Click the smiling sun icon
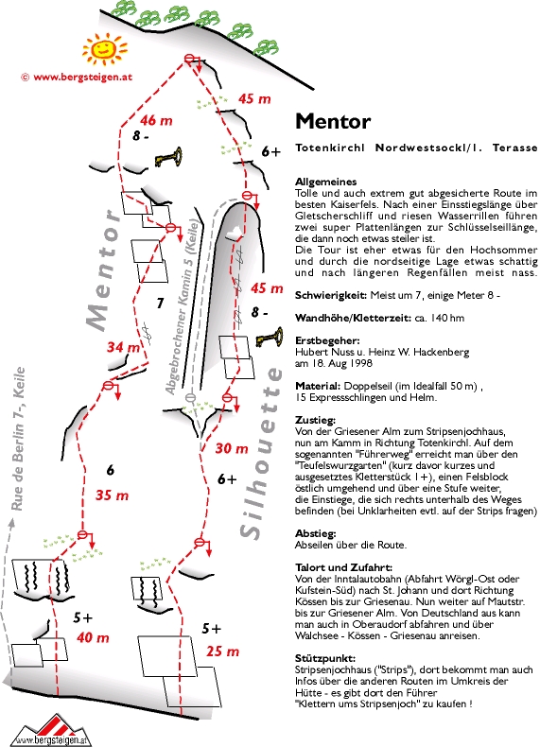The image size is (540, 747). [x=104, y=48]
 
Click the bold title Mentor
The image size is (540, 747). [x=333, y=121]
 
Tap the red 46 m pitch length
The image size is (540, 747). [x=156, y=120]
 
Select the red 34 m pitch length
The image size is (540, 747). [x=124, y=347]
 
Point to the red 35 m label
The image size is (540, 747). [x=112, y=495]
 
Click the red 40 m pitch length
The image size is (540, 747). [x=93, y=637]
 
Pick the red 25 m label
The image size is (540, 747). [x=222, y=651]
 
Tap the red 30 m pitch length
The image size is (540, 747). [x=232, y=448]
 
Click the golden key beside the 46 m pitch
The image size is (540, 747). [x=168, y=157]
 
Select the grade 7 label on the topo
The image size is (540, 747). [x=160, y=303]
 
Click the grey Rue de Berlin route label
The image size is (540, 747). [x=18, y=440]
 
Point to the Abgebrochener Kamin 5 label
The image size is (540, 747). [x=182, y=306]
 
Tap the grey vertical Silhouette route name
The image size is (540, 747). [x=258, y=453]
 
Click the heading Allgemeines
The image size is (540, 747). [x=326, y=182]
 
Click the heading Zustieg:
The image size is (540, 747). [x=315, y=421]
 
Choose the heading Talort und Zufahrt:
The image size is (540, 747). [x=343, y=567]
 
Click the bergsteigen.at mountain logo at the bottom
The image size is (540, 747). [x=51, y=729]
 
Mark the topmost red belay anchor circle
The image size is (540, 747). [x=190, y=59]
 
